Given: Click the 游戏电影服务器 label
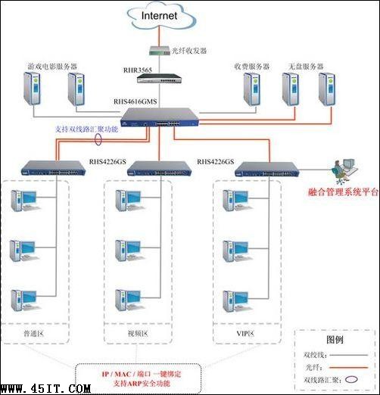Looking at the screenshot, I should (x=52, y=66).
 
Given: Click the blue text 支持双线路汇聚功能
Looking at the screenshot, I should (x=87, y=129).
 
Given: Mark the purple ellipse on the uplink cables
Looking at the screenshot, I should (x=98, y=139).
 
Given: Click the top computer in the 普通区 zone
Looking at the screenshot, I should (x=23, y=201).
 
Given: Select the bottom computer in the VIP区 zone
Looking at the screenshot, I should (x=232, y=300).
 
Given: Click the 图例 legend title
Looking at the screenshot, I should (x=335, y=339).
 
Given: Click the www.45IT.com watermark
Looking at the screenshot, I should (x=46, y=388).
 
